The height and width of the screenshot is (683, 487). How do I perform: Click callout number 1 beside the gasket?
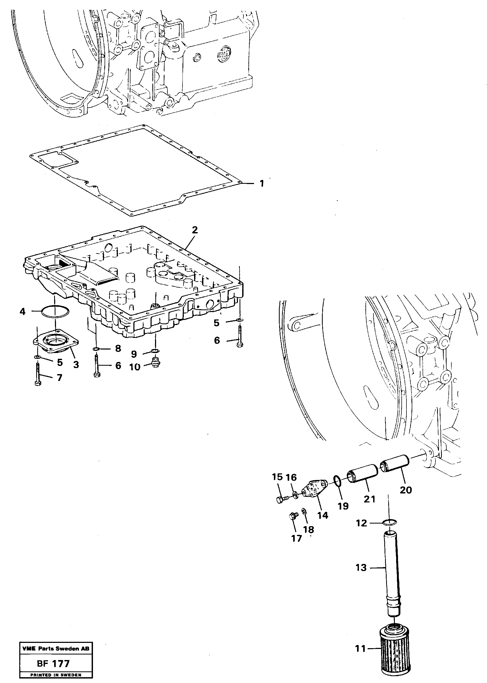[261, 183]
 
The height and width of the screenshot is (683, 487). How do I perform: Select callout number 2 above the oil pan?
[195, 230]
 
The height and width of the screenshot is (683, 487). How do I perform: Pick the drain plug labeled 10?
[156, 361]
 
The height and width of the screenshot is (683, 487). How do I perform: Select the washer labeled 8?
[96, 349]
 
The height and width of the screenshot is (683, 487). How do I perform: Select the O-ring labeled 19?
[337, 481]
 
